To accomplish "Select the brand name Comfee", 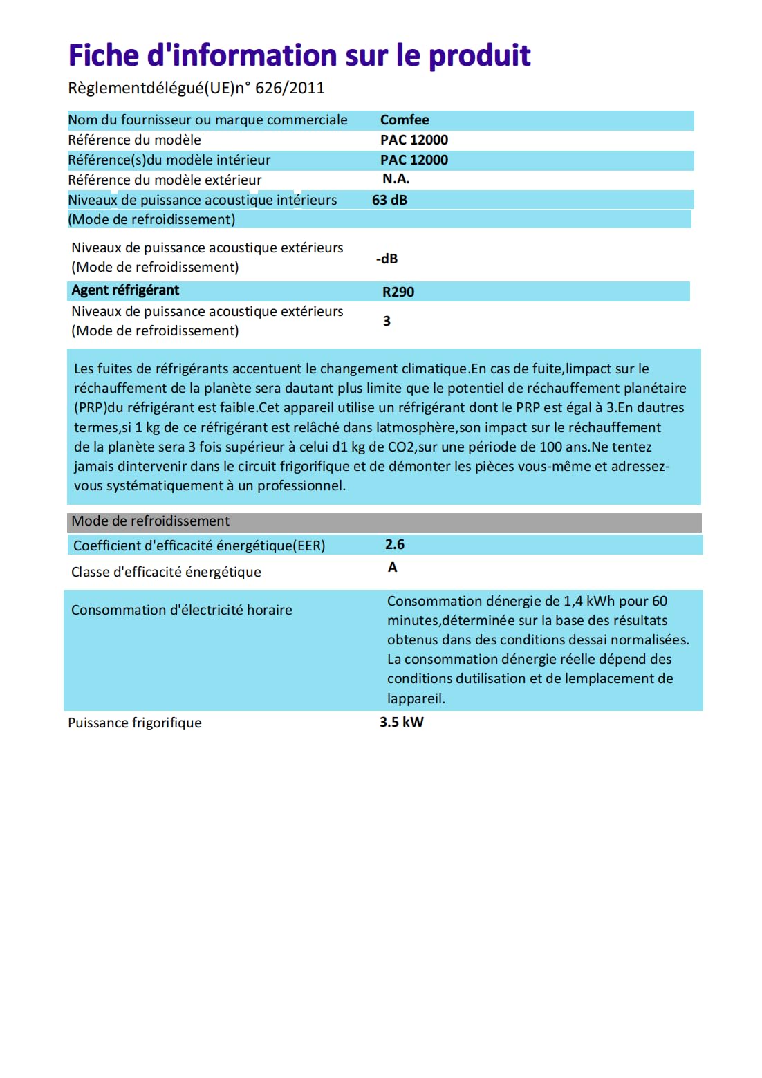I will coord(405,120).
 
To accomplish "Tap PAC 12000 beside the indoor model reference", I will coord(414,160).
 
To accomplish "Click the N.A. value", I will coord(396,179).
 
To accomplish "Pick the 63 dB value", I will coord(389,200).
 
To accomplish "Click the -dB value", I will coord(387,259).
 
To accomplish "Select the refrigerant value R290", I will coord(398,292).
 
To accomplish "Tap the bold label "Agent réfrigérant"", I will coord(125,290).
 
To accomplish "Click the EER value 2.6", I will coord(395,545).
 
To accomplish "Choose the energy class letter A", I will coord(393,568).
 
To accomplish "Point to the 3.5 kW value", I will coord(401,722).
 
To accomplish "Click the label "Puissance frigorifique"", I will coord(135,723).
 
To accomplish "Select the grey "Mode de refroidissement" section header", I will coord(151,521).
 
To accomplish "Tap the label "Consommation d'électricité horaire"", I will coord(182,610).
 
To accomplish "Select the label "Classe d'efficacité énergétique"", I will coord(166,572).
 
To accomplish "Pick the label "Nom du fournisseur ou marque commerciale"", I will coord(207,120).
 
